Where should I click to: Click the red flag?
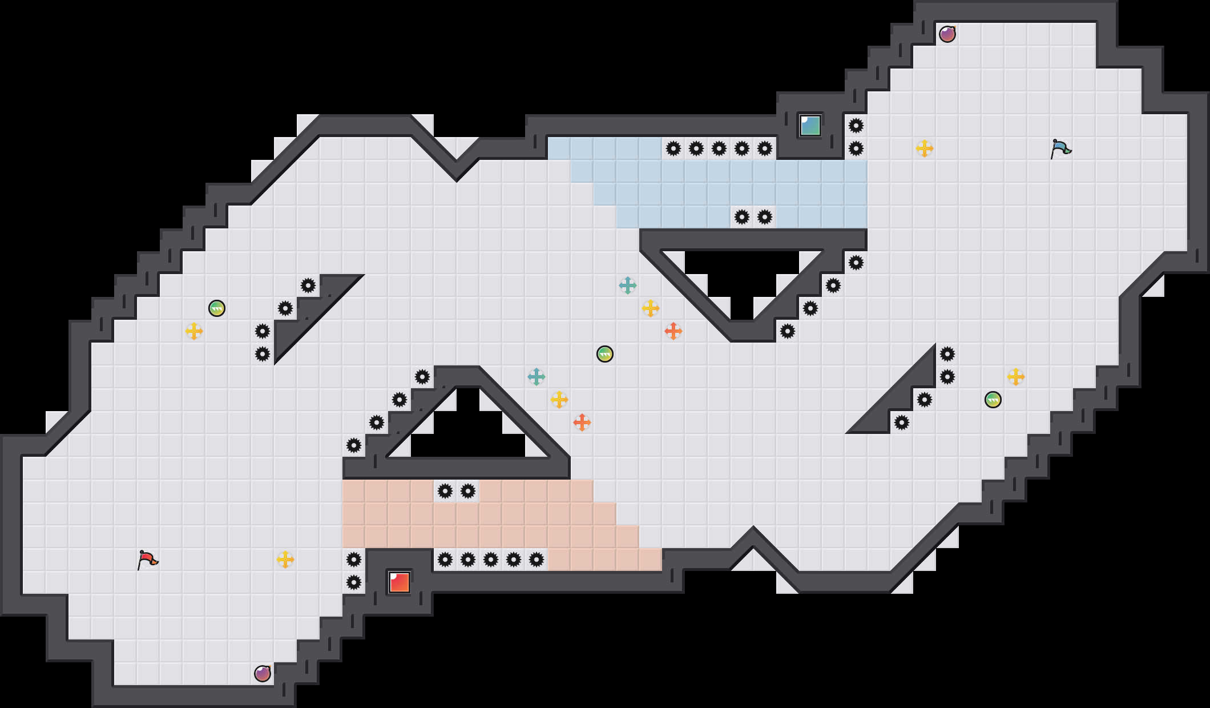pos(147,560)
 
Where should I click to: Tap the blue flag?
pos(1060,148)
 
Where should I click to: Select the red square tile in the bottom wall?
pos(399,582)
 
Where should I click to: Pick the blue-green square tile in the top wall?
pos(810,126)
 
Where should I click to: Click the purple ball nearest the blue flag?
pos(947,34)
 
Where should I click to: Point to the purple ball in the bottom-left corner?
pos(263,674)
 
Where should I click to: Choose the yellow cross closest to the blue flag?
pos(925,148)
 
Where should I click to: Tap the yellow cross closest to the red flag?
pos(285,560)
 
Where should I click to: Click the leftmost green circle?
pos(217,308)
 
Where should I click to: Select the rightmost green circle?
pos(993,400)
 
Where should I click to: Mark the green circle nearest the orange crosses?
pos(605,354)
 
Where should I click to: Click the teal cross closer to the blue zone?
pos(628,285)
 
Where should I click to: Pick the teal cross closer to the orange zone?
pos(537,377)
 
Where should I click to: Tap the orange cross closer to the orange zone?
pos(582,423)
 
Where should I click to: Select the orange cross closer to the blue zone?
pos(673,331)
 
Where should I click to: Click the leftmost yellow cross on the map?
pos(194,331)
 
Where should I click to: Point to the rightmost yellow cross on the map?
pos(1016,377)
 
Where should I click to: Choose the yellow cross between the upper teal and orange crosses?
pos(651,308)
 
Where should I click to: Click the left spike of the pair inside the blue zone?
pos(742,217)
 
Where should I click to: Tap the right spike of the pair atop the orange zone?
pos(468,491)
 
